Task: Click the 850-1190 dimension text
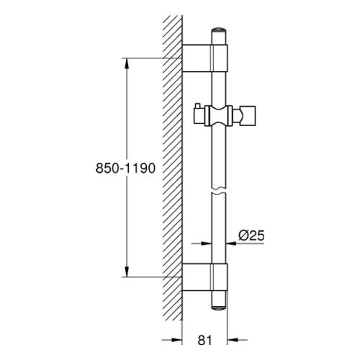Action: coord(125,168)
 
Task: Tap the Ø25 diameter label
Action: coord(251,235)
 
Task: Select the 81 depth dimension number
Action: coord(204,340)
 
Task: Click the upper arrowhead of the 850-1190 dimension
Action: coord(127,63)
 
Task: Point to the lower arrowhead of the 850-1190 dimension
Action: coord(127,271)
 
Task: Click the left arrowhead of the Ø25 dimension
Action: coord(207,243)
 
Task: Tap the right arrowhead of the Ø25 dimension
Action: coord(232,243)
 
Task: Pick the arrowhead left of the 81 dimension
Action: coord(177,340)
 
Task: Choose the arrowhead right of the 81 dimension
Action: coord(233,340)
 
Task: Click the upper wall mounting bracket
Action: coord(204,58)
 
